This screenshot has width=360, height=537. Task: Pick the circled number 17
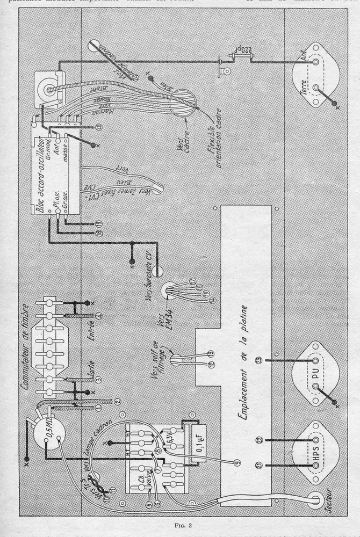pyautogui.click(x=192, y=281)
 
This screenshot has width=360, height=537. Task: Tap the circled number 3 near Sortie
pyautogui.click(x=98, y=379)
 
